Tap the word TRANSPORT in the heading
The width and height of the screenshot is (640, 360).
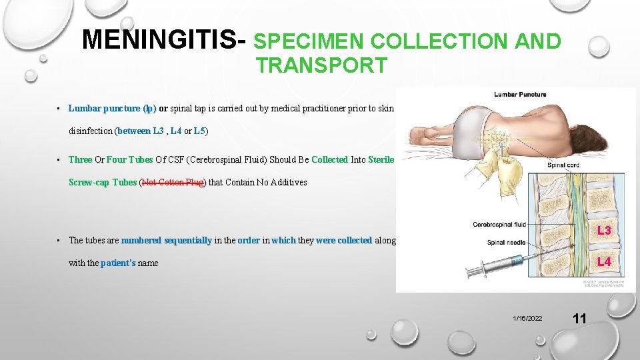(321, 65)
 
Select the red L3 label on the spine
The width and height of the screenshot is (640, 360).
(604, 231)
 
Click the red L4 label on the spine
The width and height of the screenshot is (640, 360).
(604, 262)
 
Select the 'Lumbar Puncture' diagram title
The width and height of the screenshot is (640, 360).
(520, 95)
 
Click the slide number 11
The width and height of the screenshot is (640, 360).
(579, 319)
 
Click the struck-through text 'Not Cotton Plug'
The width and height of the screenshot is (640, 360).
(173, 182)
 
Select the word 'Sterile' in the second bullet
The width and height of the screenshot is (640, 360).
(381, 160)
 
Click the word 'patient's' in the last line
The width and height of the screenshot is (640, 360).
(118, 263)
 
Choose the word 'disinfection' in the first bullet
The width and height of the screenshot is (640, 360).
(91, 131)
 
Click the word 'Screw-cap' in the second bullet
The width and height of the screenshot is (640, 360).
(89, 182)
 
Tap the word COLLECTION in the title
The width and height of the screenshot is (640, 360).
(438, 42)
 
